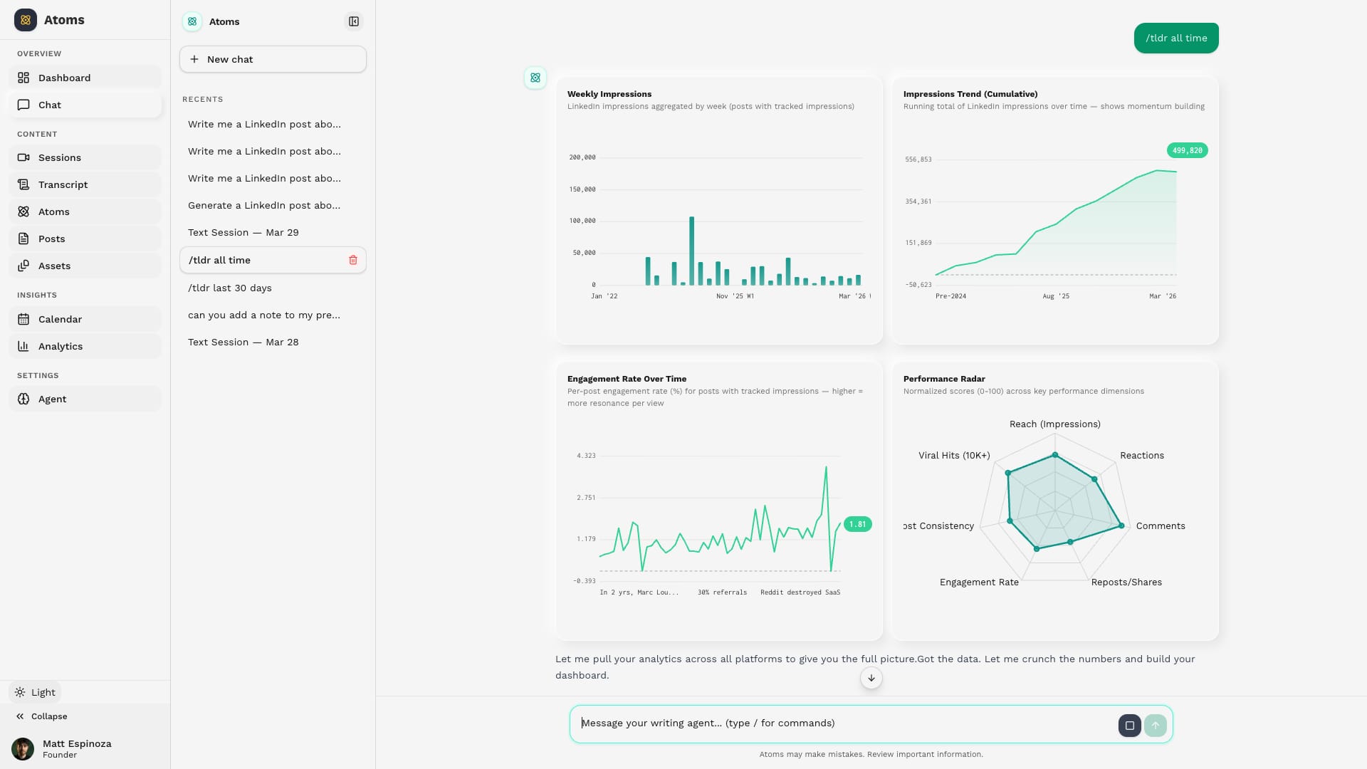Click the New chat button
(273, 59)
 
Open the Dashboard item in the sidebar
(64, 78)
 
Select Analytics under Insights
(61, 346)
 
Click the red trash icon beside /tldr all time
(353, 260)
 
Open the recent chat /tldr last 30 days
(230, 288)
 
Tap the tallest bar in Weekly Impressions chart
(691, 251)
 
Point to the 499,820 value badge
(1187, 150)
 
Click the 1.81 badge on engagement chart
(857, 524)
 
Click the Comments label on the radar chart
(1160, 526)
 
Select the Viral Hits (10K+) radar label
(953, 456)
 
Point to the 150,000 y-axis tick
(582, 189)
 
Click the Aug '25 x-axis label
(1055, 296)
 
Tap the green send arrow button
(1155, 726)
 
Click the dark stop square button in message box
(1129, 726)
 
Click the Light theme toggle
(36, 692)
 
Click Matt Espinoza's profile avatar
(23, 749)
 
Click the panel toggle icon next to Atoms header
(354, 21)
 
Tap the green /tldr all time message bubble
(1175, 38)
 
